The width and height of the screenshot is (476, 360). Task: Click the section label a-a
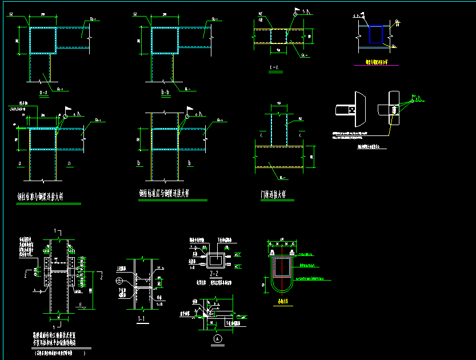pos(43,92)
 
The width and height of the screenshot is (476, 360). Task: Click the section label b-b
pos(166,91)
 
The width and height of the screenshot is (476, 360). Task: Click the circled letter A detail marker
pos(217,338)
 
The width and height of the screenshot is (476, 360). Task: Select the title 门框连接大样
pos(277,195)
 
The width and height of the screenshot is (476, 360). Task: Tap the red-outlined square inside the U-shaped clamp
pos(281,267)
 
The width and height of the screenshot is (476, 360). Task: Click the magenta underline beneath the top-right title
pos(376,65)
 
